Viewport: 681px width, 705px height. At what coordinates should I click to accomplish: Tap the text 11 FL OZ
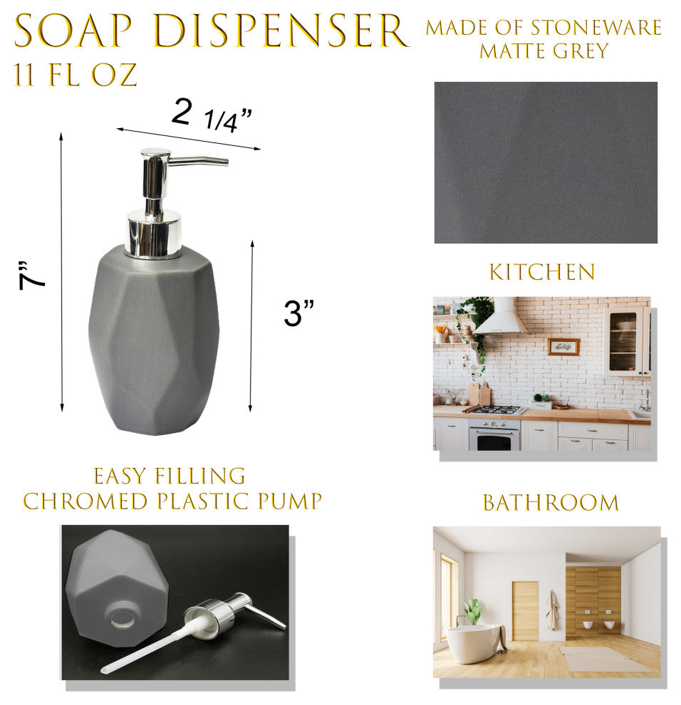pyautogui.click(x=76, y=75)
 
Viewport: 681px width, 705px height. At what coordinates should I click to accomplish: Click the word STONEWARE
pyautogui.click(x=596, y=28)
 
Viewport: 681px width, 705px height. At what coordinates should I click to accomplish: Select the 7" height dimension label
pyautogui.click(x=31, y=275)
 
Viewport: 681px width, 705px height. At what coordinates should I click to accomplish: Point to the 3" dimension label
pyautogui.click(x=298, y=313)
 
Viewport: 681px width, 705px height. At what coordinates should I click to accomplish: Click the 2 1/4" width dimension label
pyautogui.click(x=212, y=115)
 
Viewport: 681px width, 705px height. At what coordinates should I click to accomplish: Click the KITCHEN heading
pyautogui.click(x=542, y=272)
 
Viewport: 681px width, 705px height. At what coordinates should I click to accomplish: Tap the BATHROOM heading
pyautogui.click(x=551, y=503)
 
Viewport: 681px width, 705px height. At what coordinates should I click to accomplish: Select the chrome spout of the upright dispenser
pyautogui.click(x=198, y=160)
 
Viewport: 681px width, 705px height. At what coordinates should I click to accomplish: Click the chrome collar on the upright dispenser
pyautogui.click(x=155, y=234)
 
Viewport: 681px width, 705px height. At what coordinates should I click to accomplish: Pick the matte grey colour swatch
pyautogui.click(x=546, y=162)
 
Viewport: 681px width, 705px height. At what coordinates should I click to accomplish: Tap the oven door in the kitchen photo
pyautogui.click(x=494, y=438)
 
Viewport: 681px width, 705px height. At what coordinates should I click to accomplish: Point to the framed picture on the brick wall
pyautogui.click(x=563, y=347)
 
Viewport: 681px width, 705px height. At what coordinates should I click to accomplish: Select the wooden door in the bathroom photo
pyautogui.click(x=525, y=610)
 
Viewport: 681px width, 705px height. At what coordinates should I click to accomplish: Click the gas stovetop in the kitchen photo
pyautogui.click(x=497, y=410)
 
